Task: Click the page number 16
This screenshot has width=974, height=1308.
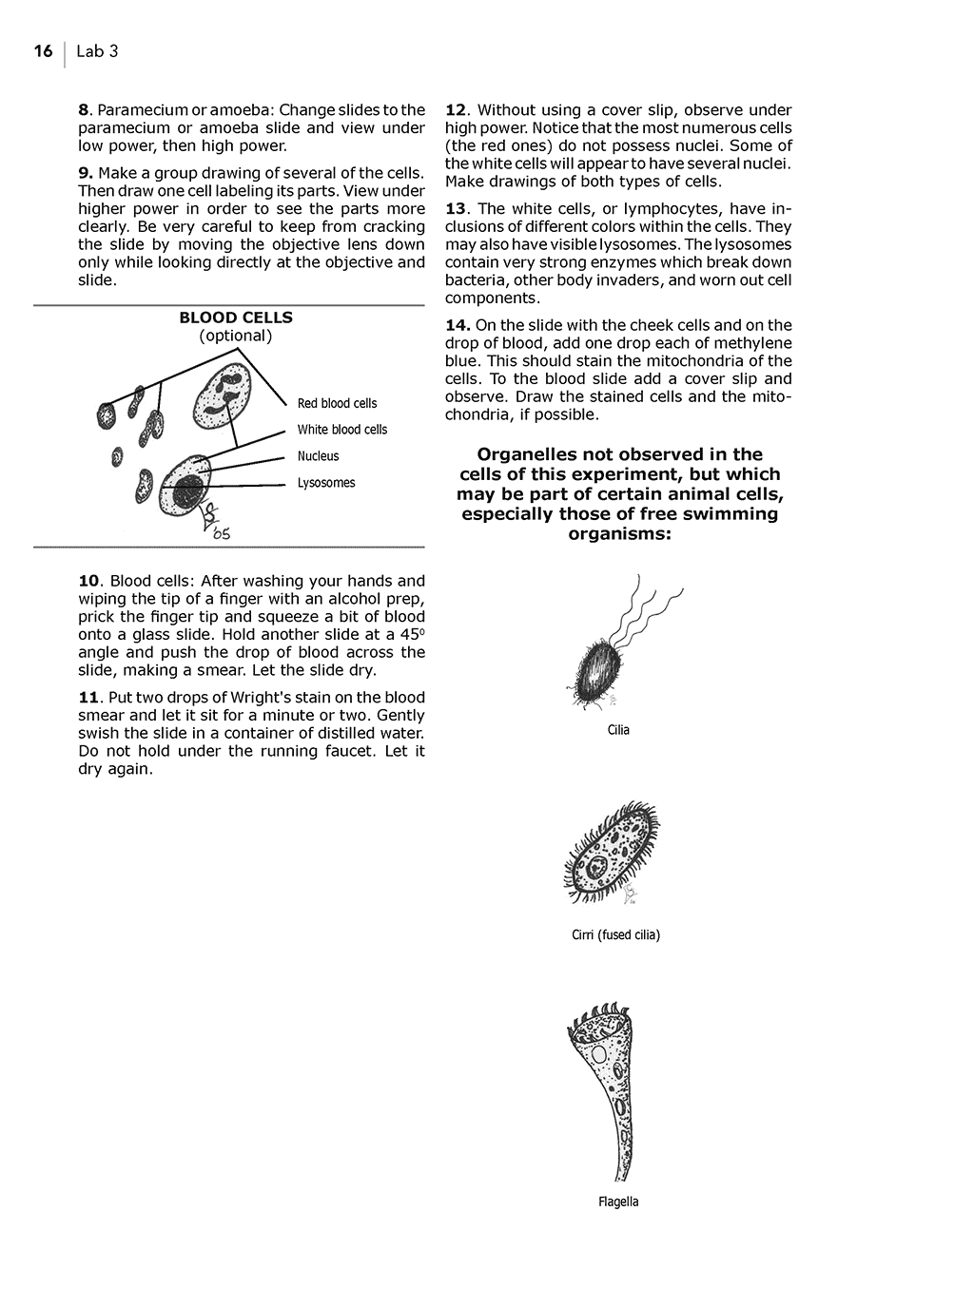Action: pos(43,51)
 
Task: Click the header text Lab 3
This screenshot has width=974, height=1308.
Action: pos(97,51)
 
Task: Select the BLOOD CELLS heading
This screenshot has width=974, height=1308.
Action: pos(236,317)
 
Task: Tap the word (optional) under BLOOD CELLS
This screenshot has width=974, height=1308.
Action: pos(236,336)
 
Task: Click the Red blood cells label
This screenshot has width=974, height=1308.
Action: pos(337,403)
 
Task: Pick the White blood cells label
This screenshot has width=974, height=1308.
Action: pos(341,430)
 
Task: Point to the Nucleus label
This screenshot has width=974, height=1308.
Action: pos(318,456)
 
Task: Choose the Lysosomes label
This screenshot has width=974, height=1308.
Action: pos(325,483)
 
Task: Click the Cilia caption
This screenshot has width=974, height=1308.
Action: pos(618,730)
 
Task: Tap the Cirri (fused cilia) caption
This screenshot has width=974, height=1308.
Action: pos(615,934)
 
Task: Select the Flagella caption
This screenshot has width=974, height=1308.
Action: pos(618,1202)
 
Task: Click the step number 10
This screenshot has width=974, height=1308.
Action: pos(88,581)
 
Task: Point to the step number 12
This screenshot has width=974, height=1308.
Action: pos(456,110)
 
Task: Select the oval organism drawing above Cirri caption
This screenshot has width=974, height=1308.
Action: pos(609,851)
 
